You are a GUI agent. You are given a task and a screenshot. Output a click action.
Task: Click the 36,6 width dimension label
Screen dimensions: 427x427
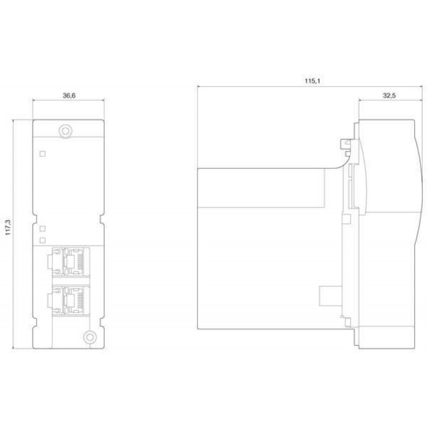pyautogui.click(x=69, y=96)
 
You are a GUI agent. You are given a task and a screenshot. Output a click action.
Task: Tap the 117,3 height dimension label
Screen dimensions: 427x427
pyautogui.click(x=8, y=227)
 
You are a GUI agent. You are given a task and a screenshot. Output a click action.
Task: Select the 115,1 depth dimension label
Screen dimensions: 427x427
pyautogui.click(x=312, y=81)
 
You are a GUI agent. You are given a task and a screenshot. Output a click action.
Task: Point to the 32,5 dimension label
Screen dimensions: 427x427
pyautogui.click(x=389, y=96)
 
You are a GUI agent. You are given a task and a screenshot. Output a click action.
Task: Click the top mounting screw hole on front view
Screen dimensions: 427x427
pyautogui.click(x=65, y=131)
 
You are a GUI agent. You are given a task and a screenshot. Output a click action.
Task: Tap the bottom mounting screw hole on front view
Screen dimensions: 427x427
pyautogui.click(x=90, y=337)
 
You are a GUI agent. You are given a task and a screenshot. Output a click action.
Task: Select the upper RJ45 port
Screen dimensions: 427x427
pyautogui.click(x=69, y=262)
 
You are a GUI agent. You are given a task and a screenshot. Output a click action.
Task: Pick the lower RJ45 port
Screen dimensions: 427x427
pyautogui.click(x=69, y=300)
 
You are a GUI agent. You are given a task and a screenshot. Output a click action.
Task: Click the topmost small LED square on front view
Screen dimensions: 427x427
pyautogui.click(x=43, y=154)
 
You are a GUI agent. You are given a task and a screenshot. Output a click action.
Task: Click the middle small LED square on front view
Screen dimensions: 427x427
pyautogui.click(x=43, y=228)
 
